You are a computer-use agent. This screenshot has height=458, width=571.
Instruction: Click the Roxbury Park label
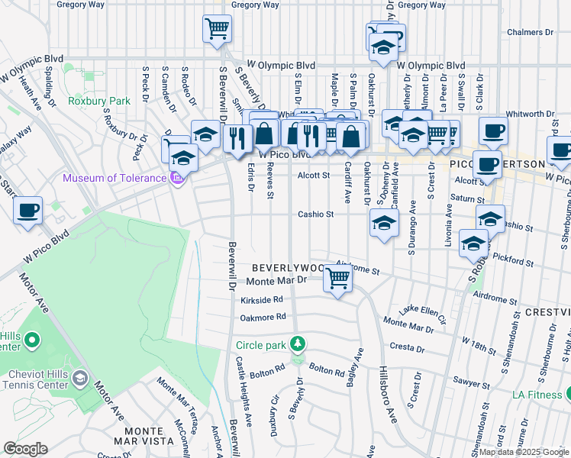[x=99, y=101]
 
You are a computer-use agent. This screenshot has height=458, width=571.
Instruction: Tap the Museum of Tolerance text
[x=115, y=179]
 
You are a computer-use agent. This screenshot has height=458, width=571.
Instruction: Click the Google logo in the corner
[x=24, y=449]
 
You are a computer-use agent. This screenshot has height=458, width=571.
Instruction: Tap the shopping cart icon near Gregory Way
[x=217, y=29]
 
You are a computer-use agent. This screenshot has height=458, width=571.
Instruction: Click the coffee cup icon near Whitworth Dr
[x=493, y=130]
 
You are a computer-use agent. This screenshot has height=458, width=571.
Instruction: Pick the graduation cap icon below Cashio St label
[x=384, y=224]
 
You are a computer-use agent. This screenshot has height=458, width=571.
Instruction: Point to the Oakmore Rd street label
[x=263, y=316]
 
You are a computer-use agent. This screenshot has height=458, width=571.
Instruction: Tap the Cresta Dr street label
[x=405, y=348]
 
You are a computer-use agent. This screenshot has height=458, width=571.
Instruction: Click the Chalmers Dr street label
[x=531, y=33]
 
